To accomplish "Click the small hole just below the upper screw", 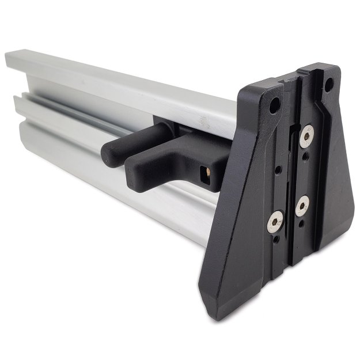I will coord(305,152).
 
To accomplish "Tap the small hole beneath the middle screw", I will coord(300,221).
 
